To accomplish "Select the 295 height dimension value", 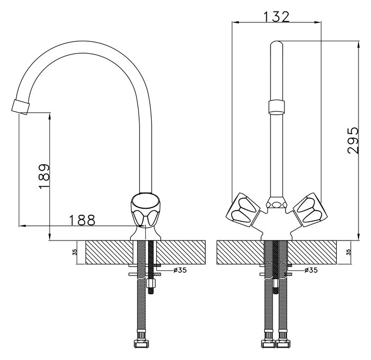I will (353, 140).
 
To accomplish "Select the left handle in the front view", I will (242, 209).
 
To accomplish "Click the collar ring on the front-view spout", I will (276, 108).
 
